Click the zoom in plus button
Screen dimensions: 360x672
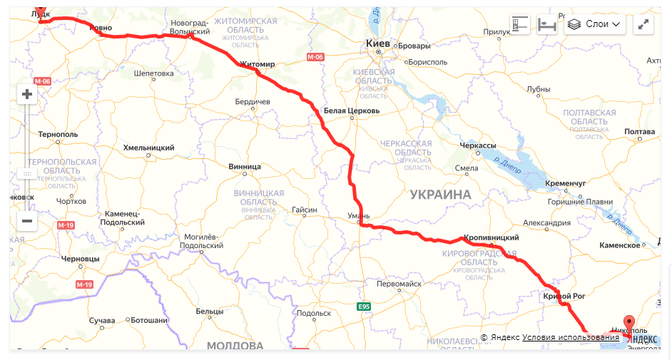coord(27,94)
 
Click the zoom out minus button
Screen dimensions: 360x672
coord(27,221)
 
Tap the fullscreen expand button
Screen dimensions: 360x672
coord(643,24)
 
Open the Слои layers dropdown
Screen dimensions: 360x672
coord(595,24)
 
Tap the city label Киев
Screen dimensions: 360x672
coord(377,44)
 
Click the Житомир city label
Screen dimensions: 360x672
coord(257,64)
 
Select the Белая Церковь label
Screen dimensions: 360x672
coord(352,111)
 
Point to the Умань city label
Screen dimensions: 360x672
coord(358,215)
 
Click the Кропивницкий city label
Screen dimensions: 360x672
coord(491,237)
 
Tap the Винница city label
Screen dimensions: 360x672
coord(245,167)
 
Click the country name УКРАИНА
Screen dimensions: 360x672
coord(440,195)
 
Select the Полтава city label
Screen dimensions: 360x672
coord(639,132)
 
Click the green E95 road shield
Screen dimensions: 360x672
coord(365,307)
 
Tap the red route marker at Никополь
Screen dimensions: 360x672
coord(628,322)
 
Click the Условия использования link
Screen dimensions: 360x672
coord(571,337)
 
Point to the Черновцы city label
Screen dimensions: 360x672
coord(81,258)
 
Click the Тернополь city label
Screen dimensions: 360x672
coord(58,134)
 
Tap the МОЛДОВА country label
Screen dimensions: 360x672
coord(235,346)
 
